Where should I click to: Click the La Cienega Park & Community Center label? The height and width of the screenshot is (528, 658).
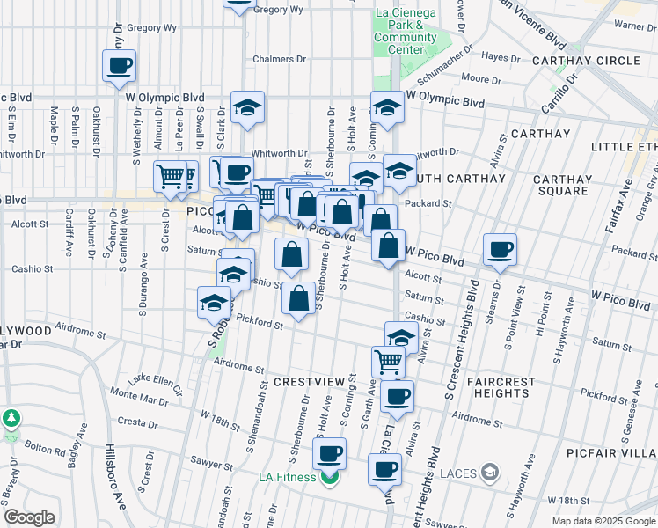click(405, 31)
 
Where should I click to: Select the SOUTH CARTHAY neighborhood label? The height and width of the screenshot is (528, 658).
click(459, 179)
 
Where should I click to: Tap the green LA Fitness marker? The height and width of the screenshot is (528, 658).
click(329, 478)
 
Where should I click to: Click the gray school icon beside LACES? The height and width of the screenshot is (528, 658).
click(487, 474)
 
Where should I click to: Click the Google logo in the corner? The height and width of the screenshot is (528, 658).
click(29, 517)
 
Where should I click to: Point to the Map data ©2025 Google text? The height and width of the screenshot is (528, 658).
click(603, 521)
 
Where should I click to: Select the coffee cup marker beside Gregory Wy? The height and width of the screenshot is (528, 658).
click(120, 64)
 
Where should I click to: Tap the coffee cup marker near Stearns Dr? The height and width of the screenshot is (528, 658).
click(500, 249)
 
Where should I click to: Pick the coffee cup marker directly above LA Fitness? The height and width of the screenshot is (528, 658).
click(329, 454)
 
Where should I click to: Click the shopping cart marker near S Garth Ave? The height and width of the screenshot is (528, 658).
click(387, 360)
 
